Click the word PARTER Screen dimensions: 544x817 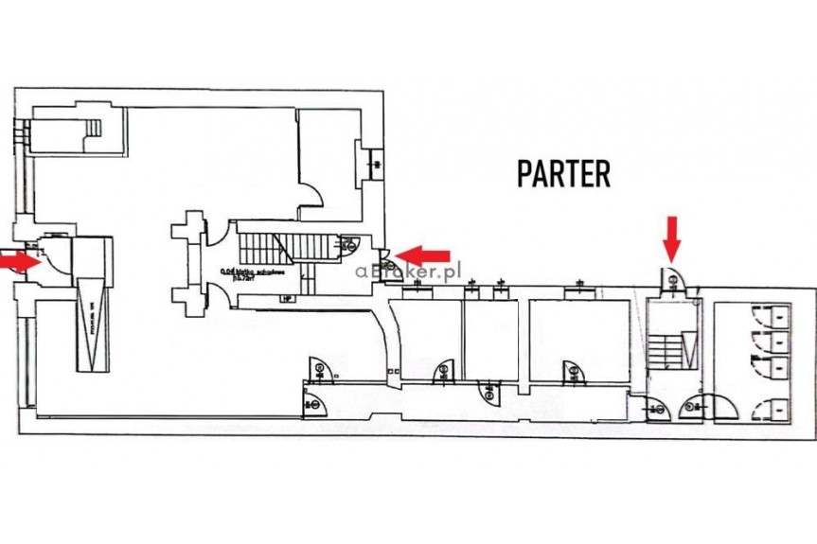(563, 173)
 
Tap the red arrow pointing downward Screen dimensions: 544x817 (671, 237)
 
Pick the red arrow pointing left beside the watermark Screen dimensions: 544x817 (422, 254)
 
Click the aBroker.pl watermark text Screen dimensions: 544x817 (407, 269)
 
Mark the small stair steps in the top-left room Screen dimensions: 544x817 (93, 128)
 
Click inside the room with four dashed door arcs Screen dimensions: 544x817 (764, 360)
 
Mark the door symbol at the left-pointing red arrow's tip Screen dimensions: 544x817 (386, 253)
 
